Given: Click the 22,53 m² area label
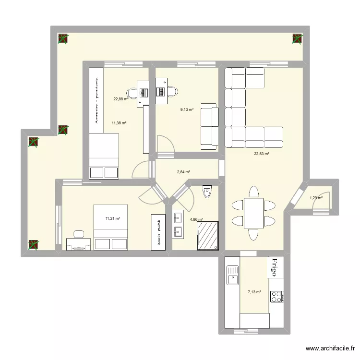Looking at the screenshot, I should coord(261,154).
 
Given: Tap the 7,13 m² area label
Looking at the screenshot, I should coord(254,292).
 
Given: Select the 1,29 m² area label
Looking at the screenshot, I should coord(315,197).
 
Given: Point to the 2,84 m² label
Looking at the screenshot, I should coord(183,172).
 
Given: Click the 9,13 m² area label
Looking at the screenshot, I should coord(187,110).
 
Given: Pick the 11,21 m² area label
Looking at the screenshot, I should coord(112,219).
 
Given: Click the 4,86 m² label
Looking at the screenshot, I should coord(196,220).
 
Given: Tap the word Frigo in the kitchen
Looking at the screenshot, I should coord(276,267).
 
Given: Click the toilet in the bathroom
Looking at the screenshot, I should coord(207,192).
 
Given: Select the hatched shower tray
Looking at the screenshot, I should coord(207,235).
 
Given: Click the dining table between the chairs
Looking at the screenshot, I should coord(252,213).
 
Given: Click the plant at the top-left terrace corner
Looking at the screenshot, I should coord(63,39).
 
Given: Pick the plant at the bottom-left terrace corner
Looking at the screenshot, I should coord(33,244).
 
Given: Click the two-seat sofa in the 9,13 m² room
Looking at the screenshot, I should coord(209,124).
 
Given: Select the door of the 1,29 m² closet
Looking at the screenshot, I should coord(319,204).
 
